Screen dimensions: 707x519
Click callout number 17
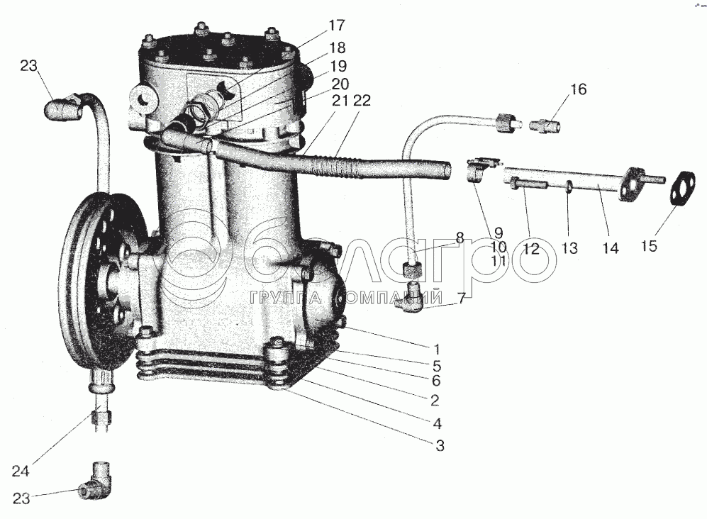[x=336, y=26]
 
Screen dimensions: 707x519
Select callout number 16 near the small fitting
[x=579, y=89]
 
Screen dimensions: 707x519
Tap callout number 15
[x=649, y=246]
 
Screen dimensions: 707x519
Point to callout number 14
[x=611, y=248]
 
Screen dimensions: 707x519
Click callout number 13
[x=570, y=248]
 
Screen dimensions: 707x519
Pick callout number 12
[x=532, y=248]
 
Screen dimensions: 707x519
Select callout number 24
[x=21, y=471]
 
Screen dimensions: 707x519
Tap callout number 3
[x=440, y=445]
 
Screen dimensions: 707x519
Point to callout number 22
[x=362, y=100]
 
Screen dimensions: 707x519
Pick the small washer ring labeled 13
[x=569, y=185]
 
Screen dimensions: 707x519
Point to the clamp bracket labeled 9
[x=478, y=170]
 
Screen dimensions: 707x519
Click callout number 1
[x=436, y=350]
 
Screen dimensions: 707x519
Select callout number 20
[x=340, y=84]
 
